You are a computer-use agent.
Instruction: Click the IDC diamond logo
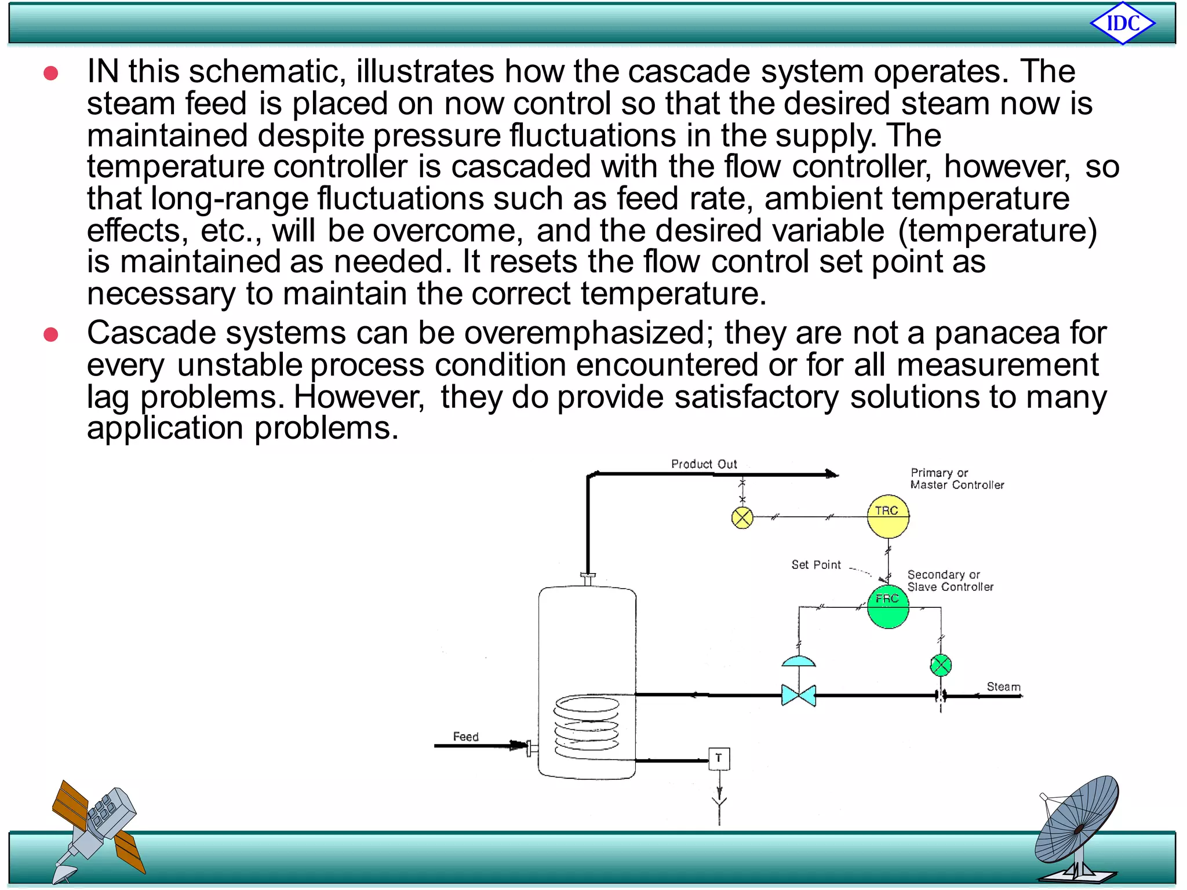coord(1123,24)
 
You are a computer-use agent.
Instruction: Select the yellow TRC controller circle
coord(888,516)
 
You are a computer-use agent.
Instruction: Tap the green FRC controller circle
coord(888,607)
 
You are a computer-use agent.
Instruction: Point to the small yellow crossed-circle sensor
coord(742,517)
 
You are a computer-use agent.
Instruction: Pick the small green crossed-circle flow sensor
coord(941,665)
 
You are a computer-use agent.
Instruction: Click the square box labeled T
coord(719,758)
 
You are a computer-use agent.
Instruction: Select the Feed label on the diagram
coord(465,736)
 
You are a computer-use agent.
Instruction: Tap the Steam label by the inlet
coord(1003,687)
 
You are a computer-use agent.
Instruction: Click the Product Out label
coord(704,464)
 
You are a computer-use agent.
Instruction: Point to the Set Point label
coord(816,565)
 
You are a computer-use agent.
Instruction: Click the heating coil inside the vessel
coord(587,727)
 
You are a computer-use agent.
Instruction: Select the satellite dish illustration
coord(1078,829)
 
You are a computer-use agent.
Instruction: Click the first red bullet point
coord(51,73)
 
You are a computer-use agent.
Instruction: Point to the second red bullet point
coord(51,335)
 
